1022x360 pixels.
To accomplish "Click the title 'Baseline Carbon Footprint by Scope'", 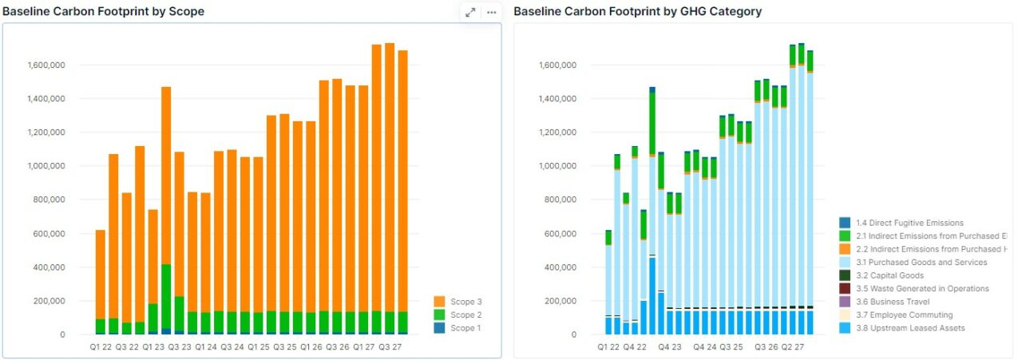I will point(103,11).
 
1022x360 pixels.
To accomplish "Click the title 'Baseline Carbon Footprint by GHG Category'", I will point(637,11).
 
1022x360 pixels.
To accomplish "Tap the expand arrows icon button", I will point(470,12).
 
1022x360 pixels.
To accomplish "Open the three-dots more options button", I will point(491,12).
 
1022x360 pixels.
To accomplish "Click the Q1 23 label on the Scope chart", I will point(153,347).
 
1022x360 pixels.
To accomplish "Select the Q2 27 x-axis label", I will point(793,347).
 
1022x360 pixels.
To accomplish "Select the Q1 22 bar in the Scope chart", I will point(101,279).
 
